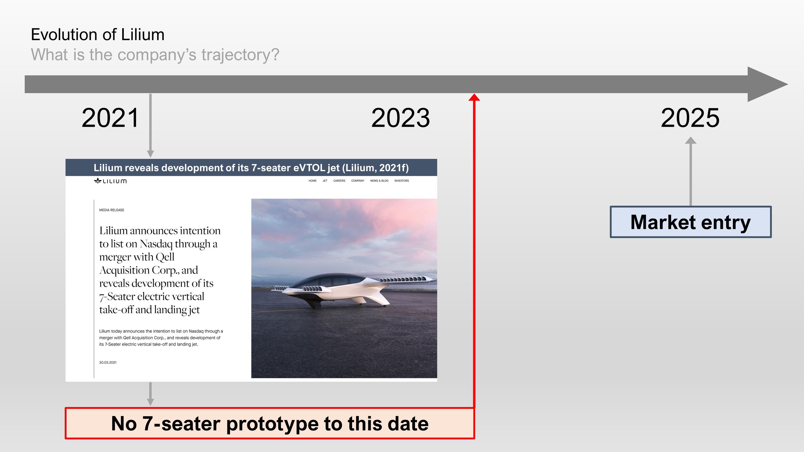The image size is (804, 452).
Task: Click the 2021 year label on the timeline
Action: point(110,118)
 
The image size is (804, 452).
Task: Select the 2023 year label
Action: point(400,118)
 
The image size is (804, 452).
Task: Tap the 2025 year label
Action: point(690,118)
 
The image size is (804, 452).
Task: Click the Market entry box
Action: point(690,222)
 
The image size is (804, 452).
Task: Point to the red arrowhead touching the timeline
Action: point(474,97)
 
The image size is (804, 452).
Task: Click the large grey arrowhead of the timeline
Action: point(767,84)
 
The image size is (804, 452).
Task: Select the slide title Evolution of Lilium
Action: point(97,35)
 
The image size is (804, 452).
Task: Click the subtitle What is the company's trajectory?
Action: point(155,55)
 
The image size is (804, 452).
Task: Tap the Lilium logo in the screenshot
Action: point(110,181)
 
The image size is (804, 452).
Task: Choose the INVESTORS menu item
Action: point(401,181)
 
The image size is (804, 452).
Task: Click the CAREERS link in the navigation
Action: point(339,181)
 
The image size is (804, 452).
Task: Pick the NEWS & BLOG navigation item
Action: point(379,181)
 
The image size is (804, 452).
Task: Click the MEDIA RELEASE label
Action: point(112,210)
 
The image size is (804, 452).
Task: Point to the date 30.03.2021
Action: point(108,362)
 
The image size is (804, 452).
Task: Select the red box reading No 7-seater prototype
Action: point(270,423)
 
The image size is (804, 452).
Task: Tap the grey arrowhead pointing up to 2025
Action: point(690,140)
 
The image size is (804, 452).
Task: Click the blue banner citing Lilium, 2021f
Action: point(251,167)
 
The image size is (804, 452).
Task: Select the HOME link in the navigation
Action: point(313,181)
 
